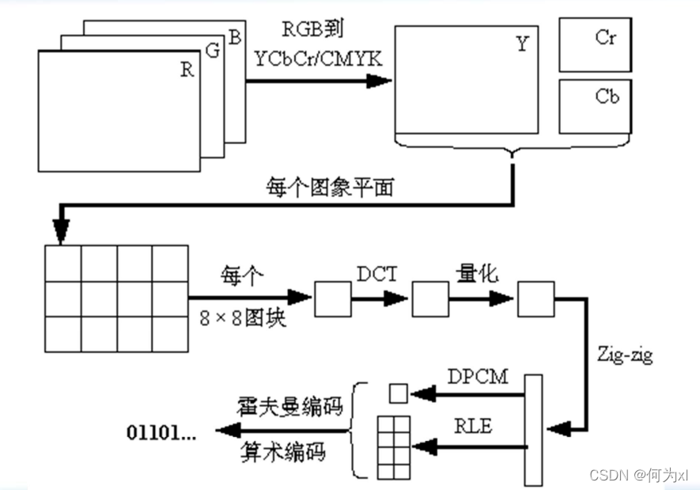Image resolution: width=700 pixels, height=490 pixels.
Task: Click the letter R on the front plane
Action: click(x=187, y=70)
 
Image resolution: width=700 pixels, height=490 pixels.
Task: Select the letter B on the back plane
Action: click(x=236, y=36)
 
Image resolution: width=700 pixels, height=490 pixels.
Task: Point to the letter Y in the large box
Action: click(x=522, y=44)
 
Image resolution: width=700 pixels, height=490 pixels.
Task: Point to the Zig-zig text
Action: click(x=625, y=355)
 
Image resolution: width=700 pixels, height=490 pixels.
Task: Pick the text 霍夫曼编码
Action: click(x=291, y=407)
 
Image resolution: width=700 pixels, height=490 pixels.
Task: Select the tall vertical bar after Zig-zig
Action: click(x=534, y=430)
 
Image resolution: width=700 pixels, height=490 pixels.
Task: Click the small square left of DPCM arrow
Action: click(x=398, y=392)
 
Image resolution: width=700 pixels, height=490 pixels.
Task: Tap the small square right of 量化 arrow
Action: click(x=534, y=298)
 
